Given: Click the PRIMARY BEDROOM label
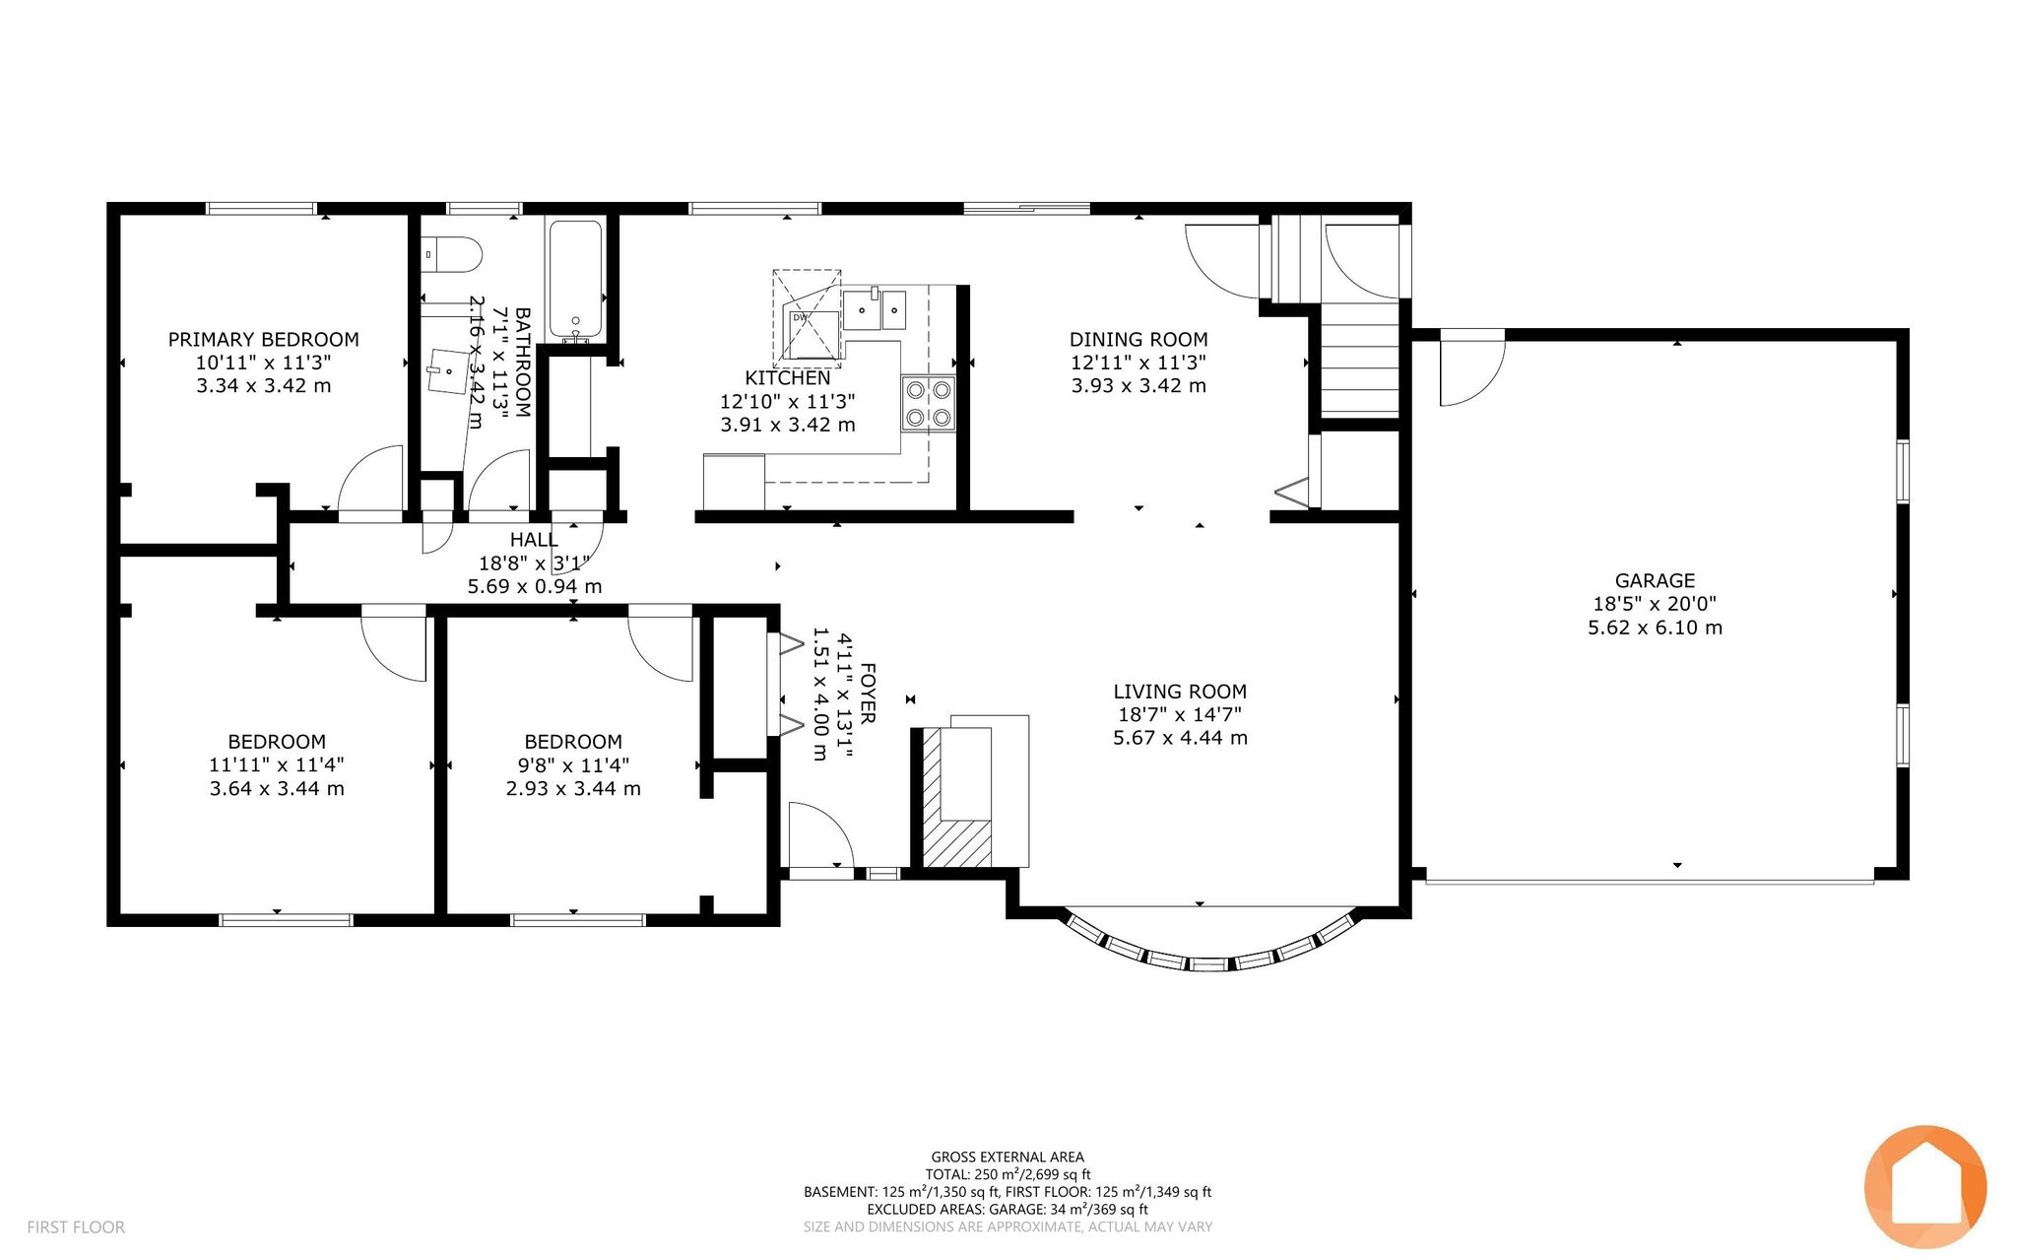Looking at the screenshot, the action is [x=263, y=340].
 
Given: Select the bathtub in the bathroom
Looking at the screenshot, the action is [x=575, y=281].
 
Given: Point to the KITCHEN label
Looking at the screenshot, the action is [x=788, y=378].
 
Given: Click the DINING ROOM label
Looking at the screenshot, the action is [x=1139, y=340].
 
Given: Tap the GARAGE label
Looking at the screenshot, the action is [x=1655, y=581].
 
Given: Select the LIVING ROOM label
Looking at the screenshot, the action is [x=1180, y=692].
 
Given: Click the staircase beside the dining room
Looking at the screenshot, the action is [x=1359, y=359].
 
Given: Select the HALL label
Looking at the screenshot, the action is [x=534, y=540].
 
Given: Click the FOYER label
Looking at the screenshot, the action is [x=868, y=695].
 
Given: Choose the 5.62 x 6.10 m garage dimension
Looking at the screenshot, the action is [x=1655, y=628].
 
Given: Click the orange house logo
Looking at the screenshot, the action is [x=1924, y=1186].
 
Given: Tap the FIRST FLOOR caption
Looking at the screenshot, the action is [x=76, y=1227].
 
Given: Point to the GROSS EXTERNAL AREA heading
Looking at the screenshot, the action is [x=1008, y=1158].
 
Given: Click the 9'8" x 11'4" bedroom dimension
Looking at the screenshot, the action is [x=573, y=765].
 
